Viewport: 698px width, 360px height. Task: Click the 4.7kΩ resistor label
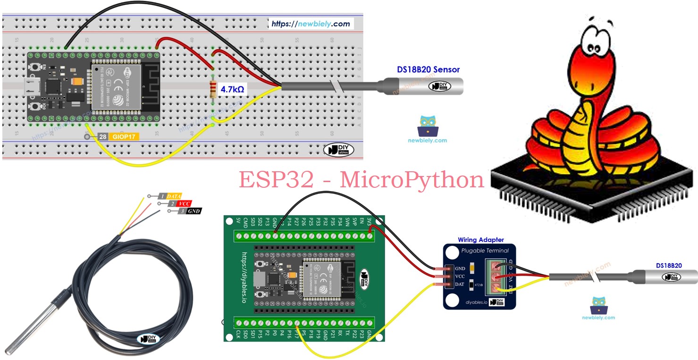pos(232,88)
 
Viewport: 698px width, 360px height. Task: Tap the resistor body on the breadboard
pos(213,90)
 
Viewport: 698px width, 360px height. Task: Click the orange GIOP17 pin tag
pos(125,137)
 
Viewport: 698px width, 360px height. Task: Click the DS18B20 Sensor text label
pos(428,69)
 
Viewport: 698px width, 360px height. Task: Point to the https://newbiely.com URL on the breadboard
pos(311,24)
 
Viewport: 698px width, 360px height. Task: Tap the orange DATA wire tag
pos(174,196)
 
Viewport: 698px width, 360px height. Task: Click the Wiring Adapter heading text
pos(480,240)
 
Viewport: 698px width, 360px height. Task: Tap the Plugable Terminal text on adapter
pos(485,251)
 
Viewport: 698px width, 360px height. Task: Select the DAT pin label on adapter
pos(459,285)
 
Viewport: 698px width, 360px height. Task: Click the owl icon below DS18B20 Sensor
pos(428,126)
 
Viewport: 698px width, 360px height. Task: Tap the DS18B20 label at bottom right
pos(669,266)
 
